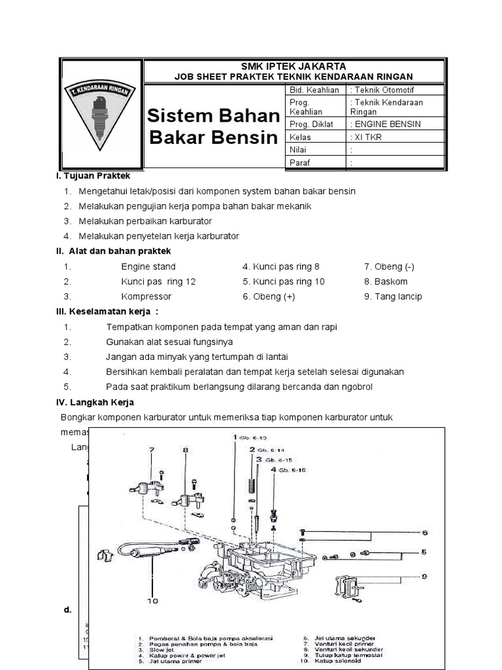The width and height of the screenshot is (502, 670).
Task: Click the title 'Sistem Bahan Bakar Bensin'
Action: (213, 126)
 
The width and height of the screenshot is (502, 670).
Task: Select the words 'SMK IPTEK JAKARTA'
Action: (293, 67)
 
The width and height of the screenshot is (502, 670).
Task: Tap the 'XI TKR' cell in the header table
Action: (367, 137)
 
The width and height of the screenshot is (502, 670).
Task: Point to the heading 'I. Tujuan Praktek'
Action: (94, 176)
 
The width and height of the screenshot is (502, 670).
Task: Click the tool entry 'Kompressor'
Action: (146, 296)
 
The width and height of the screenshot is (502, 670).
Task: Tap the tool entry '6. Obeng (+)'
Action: (269, 296)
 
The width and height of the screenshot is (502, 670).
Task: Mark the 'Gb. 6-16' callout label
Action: (292, 470)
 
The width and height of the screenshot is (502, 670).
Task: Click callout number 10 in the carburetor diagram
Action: (153, 599)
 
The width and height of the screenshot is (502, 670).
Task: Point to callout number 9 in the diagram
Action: (424, 576)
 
